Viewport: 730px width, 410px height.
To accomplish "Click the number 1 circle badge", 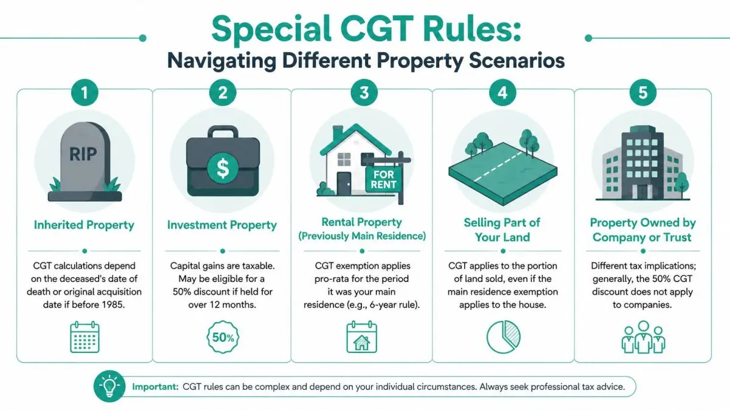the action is click(x=85, y=93).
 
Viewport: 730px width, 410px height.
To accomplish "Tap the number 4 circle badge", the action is click(x=502, y=93).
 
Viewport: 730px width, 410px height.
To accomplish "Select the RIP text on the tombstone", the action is click(x=83, y=154).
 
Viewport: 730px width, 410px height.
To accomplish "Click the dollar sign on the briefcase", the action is click(x=223, y=169).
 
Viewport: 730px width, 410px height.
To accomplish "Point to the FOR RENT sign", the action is click(x=384, y=180).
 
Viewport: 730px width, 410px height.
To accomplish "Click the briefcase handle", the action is click(x=223, y=132).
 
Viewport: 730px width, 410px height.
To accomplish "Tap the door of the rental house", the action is click(x=344, y=183).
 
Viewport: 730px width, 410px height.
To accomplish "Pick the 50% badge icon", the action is click(x=223, y=337).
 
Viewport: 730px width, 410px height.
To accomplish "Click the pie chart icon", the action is click(x=504, y=337).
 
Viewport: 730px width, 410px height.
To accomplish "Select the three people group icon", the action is click(x=644, y=337).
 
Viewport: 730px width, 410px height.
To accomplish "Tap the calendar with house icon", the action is click(x=362, y=337).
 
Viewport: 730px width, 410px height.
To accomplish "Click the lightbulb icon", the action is click(x=109, y=386).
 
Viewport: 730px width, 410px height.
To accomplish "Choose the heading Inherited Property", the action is click(x=84, y=225).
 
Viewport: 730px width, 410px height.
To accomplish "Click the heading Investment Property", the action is click(x=222, y=225).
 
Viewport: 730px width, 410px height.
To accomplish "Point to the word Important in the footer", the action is click(x=155, y=387).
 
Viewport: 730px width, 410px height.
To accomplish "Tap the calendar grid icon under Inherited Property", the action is click(x=85, y=337).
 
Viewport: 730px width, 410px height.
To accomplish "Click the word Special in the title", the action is click(x=271, y=29).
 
